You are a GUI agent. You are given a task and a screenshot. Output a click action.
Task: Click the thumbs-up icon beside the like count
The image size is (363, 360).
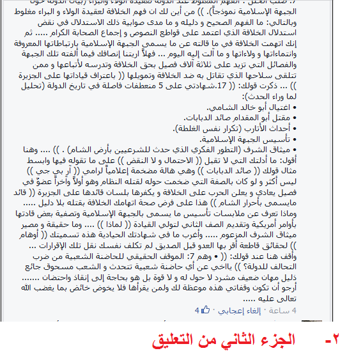tap(206, 309)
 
